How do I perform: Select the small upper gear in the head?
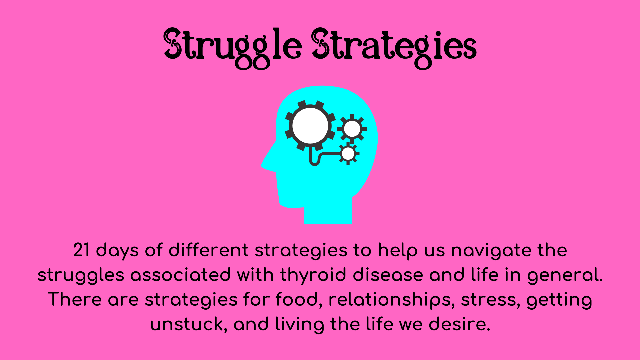coord(352,129)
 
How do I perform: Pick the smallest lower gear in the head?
coord(348,154)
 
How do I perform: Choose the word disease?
coord(388,275)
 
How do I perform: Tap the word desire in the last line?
coord(459,324)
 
